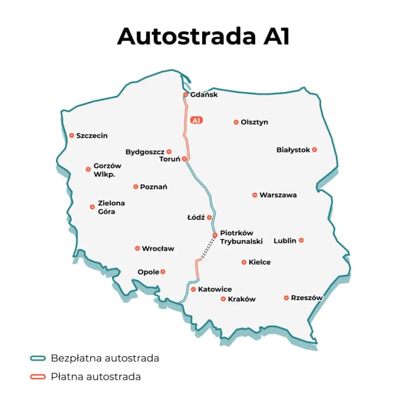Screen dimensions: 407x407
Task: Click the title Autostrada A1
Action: click(x=203, y=36)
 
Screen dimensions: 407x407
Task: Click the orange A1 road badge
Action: click(x=197, y=120)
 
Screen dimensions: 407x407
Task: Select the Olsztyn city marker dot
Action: click(x=236, y=122)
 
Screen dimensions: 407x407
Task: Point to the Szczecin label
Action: click(x=92, y=135)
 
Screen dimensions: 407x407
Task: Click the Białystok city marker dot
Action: click(x=314, y=149)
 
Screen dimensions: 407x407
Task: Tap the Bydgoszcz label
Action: click(x=145, y=152)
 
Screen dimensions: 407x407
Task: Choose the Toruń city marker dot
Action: click(x=184, y=159)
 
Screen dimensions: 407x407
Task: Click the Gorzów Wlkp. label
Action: click(x=107, y=170)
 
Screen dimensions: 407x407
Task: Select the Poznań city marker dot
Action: click(x=135, y=186)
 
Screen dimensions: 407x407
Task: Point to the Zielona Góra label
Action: click(x=111, y=207)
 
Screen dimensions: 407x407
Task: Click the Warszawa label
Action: click(x=278, y=195)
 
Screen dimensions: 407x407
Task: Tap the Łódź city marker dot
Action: click(x=209, y=217)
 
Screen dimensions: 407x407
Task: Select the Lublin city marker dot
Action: click(x=301, y=240)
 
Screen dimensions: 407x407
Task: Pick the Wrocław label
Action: click(x=158, y=249)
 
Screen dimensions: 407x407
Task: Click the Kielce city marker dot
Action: click(x=244, y=262)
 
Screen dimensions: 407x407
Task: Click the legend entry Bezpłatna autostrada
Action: click(x=105, y=358)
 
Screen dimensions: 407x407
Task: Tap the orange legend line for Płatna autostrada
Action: click(x=38, y=376)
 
